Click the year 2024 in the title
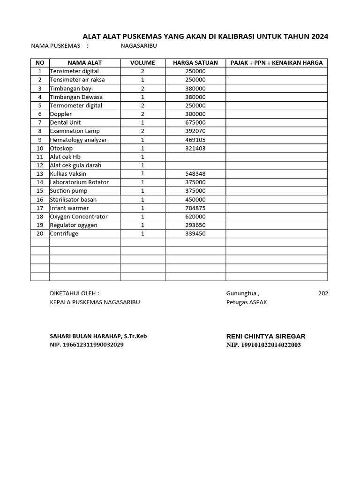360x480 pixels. (319, 37)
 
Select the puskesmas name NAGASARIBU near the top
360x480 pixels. (139, 46)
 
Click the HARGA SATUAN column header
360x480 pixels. (195, 63)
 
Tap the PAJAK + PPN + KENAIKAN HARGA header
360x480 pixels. (277, 63)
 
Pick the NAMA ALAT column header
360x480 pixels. (84, 63)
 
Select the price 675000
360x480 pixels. (195, 122)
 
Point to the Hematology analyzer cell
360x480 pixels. (78, 140)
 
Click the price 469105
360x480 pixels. (195, 140)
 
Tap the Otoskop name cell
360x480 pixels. (61, 148)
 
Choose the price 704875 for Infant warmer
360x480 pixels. (195, 208)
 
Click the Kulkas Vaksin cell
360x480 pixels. (68, 174)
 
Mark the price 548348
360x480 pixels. (195, 174)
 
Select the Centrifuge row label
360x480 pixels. (64, 233)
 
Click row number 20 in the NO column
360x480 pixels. (40, 233)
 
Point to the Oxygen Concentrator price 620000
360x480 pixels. (195, 217)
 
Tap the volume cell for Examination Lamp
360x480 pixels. (142, 131)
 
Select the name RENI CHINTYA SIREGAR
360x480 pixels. (266, 336)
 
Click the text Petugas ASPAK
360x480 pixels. (247, 302)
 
